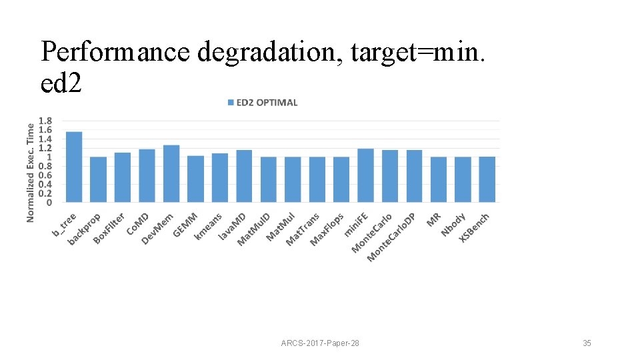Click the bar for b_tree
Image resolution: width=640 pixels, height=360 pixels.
pyautogui.click(x=74, y=167)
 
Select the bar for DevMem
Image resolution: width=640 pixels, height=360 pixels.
pyautogui.click(x=171, y=173)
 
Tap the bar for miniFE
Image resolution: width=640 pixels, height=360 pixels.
pyautogui.click(x=365, y=175)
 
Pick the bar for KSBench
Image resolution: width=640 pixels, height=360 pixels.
pyautogui.click(x=487, y=179)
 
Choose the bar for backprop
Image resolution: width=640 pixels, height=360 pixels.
pyautogui.click(x=98, y=179)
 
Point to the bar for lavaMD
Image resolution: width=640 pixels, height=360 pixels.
pyautogui.click(x=244, y=176)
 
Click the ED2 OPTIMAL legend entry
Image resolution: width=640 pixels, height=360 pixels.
pyautogui.click(x=263, y=103)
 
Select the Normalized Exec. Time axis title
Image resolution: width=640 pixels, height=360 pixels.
pyautogui.click(x=31, y=172)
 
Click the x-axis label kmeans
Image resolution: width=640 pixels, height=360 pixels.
pyautogui.click(x=208, y=226)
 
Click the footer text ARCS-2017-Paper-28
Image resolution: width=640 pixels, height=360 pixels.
pyautogui.click(x=320, y=343)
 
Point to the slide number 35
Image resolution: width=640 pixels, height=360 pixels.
pyautogui.click(x=587, y=343)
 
